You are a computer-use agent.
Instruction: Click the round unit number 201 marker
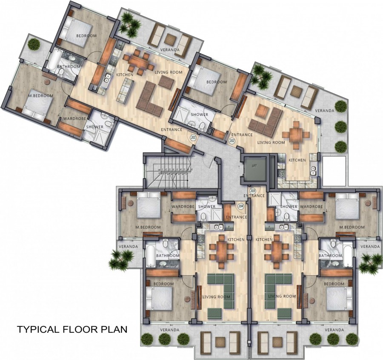point(193,138)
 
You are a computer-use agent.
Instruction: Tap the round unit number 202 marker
point(232,140)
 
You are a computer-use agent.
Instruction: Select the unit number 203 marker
point(253,190)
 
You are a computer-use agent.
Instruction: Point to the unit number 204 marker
point(241,206)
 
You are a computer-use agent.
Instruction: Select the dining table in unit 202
point(297,135)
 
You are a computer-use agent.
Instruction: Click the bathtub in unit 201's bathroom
point(54,61)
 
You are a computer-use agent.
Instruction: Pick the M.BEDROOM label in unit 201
point(40,96)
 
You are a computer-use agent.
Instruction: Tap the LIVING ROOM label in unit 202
point(273,143)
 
